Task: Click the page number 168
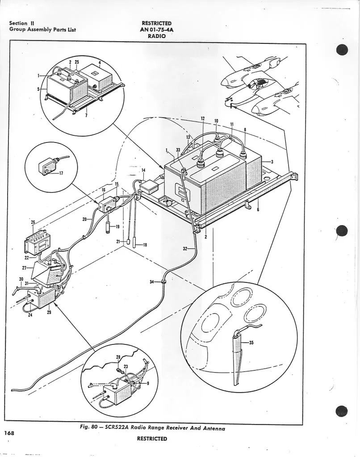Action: [8, 432]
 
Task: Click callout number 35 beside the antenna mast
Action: [251, 343]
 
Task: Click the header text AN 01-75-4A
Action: [156, 30]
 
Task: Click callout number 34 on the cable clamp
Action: [152, 281]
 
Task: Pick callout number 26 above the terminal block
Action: [33, 222]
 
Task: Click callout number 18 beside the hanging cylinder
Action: [145, 245]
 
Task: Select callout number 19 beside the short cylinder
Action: [117, 227]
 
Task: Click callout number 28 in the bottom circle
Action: [118, 357]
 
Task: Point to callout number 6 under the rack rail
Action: [258, 210]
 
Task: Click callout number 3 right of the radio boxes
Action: [272, 161]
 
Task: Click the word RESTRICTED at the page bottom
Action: [152, 439]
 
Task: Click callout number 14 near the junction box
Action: [143, 170]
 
